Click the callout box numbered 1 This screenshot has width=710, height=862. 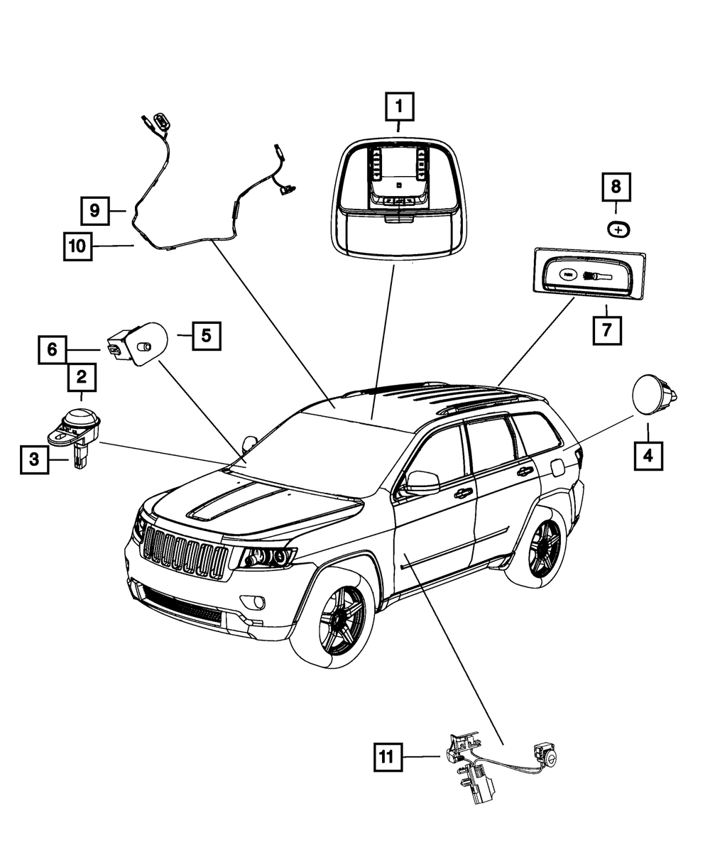pos(399,108)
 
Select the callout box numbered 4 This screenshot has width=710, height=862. pos(648,454)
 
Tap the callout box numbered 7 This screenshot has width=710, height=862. pos(608,329)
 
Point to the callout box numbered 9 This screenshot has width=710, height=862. pos(94,210)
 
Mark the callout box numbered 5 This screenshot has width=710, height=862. pos(205,335)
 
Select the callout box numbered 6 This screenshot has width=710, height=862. pos(53,349)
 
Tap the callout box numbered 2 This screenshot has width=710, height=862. pos(82,378)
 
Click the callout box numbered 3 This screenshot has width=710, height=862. pos(34,461)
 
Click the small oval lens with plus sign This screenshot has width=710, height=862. pos(618,230)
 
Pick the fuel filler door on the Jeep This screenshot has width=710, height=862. pos(557,467)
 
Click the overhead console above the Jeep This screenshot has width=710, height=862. pos(399,195)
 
